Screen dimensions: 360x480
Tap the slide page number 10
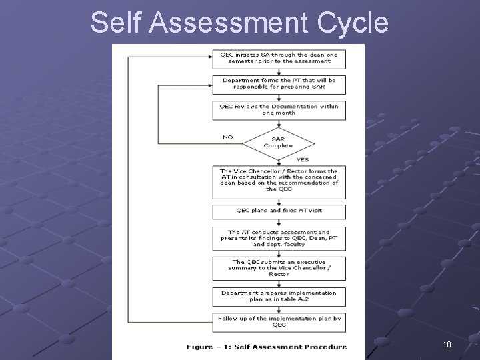(x=447, y=345)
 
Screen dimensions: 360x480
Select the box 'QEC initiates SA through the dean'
(x=280, y=58)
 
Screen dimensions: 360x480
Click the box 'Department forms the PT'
(x=280, y=83)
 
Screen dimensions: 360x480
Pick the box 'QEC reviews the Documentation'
(x=280, y=109)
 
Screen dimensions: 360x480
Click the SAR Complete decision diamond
(x=278, y=142)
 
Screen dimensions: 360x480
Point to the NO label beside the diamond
(x=228, y=137)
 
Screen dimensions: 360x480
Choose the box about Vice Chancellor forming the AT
(x=280, y=180)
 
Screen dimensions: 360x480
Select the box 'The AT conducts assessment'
(x=280, y=238)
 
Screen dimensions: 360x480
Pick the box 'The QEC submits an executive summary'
(x=280, y=268)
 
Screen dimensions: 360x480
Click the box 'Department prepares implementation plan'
(x=280, y=296)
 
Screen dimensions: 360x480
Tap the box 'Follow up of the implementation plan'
(x=280, y=321)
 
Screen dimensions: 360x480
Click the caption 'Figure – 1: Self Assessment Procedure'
(x=267, y=347)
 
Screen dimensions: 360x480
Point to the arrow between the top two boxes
(x=279, y=71)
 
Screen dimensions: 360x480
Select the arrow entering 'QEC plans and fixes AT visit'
(x=279, y=201)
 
